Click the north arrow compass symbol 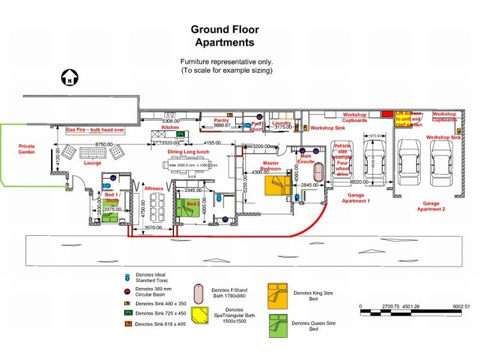tap(69, 78)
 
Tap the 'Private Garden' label tap(26, 149)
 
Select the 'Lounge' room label tap(93, 163)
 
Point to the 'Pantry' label tap(222, 120)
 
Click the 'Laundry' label tap(281, 122)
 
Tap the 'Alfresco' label tap(154, 188)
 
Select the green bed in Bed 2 tap(187, 208)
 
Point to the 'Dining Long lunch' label tap(188, 152)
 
